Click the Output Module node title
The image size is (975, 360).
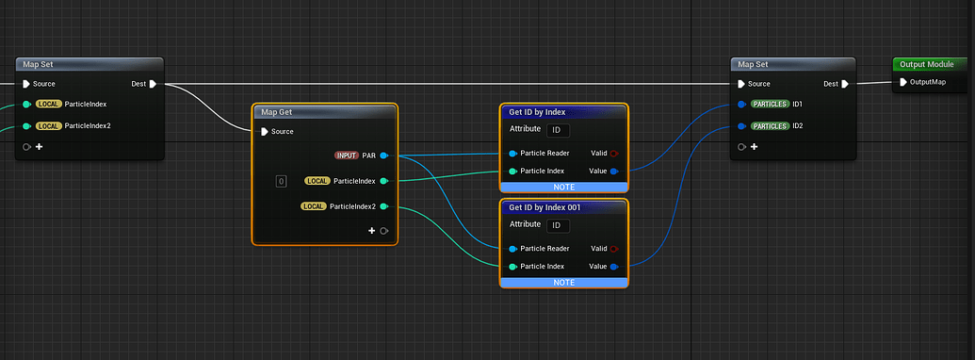927,64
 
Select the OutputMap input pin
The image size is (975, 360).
902,83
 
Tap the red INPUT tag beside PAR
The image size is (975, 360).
346,155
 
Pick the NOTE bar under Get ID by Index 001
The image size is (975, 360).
563,282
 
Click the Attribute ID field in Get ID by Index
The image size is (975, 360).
558,129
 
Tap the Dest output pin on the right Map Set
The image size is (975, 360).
845,84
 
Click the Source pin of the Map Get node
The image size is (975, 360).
264,132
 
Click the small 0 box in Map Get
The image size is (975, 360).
281,181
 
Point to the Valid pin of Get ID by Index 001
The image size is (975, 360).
614,249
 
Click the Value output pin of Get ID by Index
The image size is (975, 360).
614,172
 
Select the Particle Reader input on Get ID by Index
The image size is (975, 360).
512,154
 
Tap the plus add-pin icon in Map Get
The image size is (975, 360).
371,231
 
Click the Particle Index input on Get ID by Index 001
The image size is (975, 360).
512,267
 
